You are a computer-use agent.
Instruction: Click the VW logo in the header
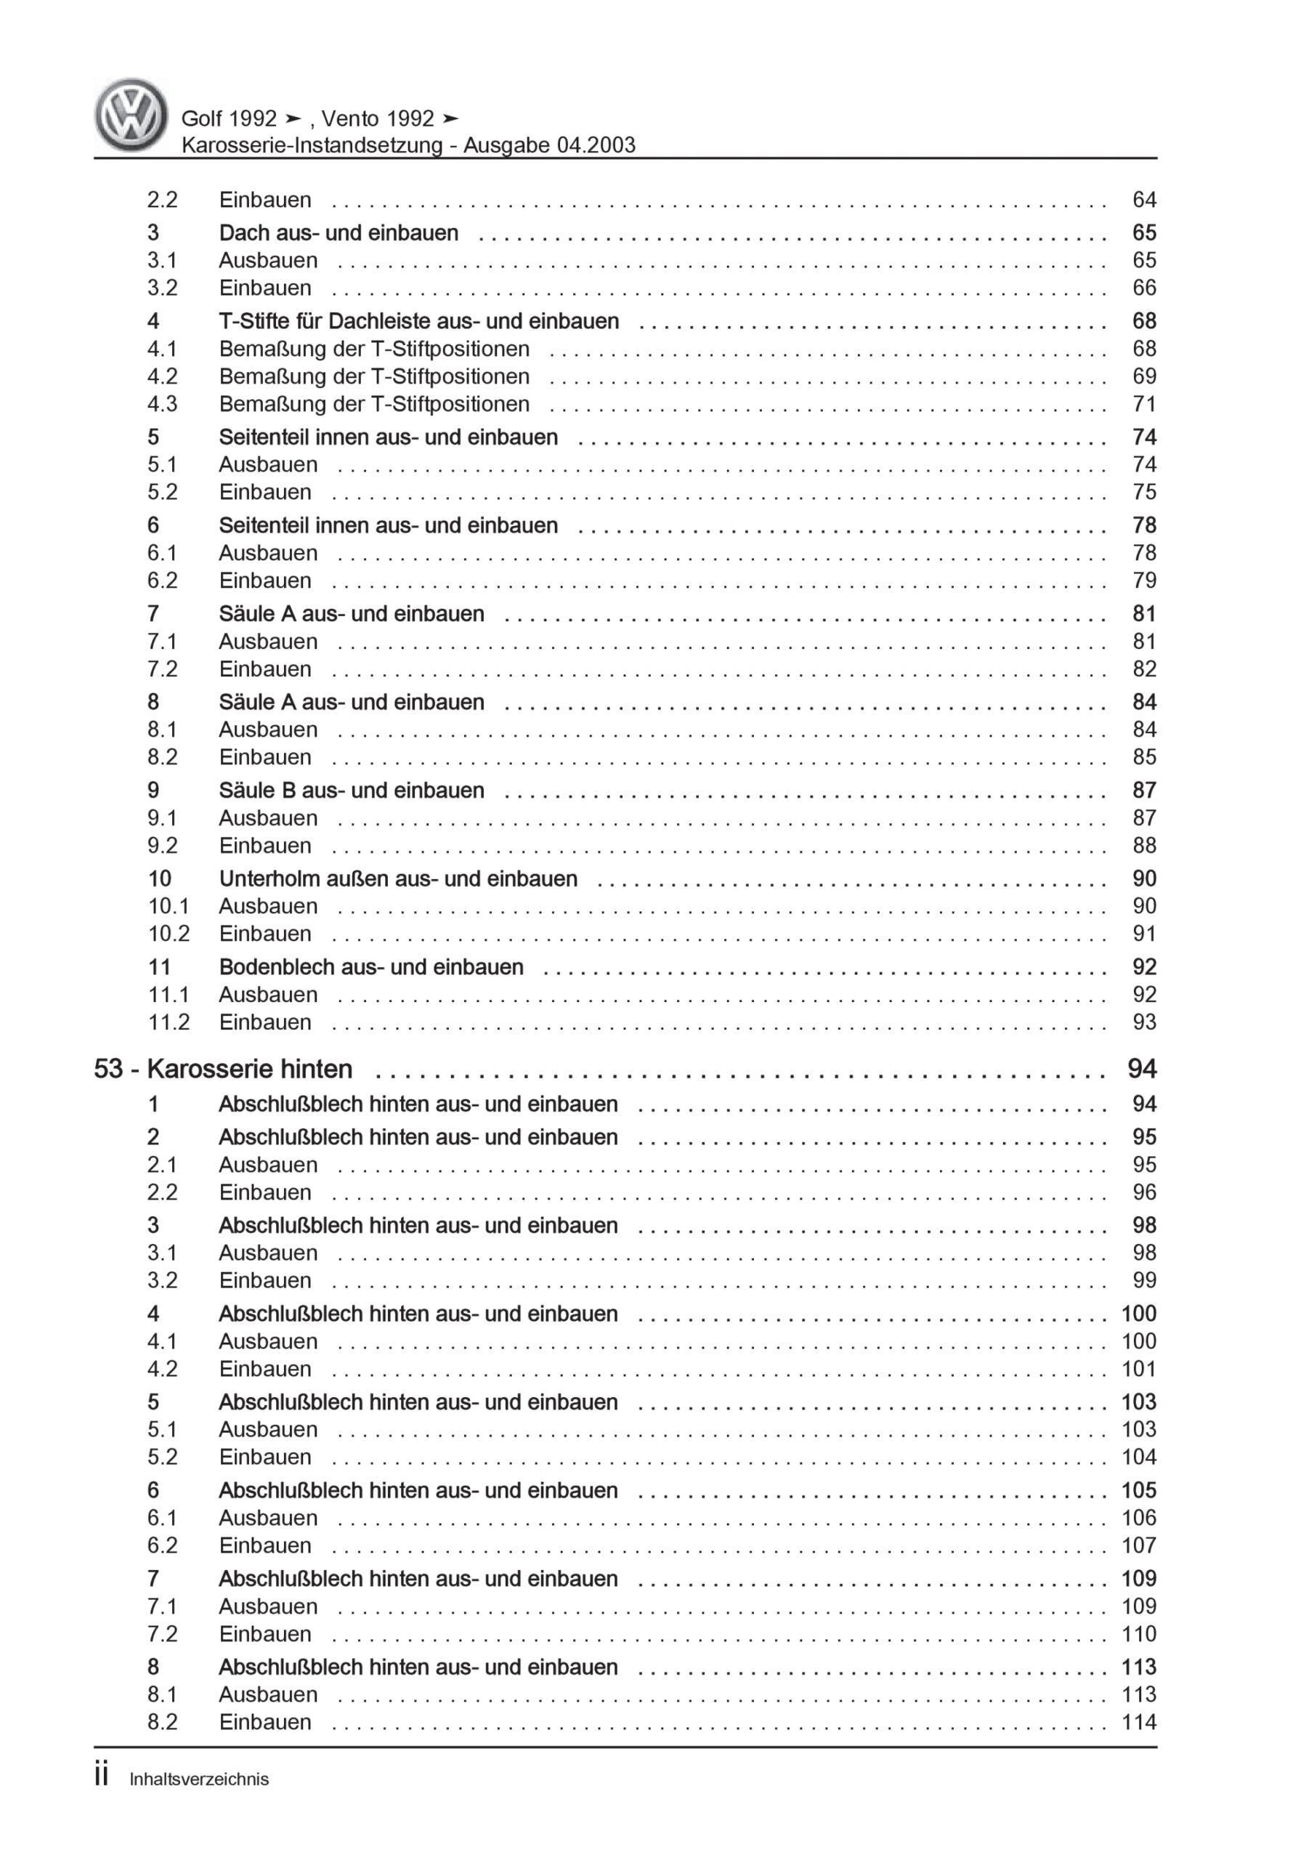click(x=131, y=115)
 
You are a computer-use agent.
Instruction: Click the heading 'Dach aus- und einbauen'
click(x=338, y=233)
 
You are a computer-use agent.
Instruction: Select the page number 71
click(x=1143, y=404)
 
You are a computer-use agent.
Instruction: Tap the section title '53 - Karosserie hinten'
click(x=223, y=1069)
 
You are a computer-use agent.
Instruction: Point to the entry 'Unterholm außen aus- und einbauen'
click(x=398, y=879)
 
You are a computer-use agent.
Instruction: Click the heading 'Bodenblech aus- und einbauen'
click(x=371, y=967)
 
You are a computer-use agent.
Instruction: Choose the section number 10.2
click(x=169, y=934)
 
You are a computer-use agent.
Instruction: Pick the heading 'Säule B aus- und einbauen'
click(x=351, y=790)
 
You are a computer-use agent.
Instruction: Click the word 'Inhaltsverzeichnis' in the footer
click(x=198, y=1780)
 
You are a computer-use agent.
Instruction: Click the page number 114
click(x=1138, y=1722)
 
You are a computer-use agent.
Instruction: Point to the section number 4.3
click(x=162, y=404)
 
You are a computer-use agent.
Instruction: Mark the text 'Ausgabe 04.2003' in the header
click(x=549, y=146)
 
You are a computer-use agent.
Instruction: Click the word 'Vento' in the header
click(x=350, y=119)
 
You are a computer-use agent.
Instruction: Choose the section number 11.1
click(x=169, y=995)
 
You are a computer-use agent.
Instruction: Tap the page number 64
click(x=1143, y=200)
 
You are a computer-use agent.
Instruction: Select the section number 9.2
click(x=162, y=846)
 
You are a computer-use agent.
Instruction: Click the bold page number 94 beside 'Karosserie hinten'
click(x=1140, y=1069)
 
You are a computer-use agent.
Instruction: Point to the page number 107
click(x=1138, y=1545)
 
